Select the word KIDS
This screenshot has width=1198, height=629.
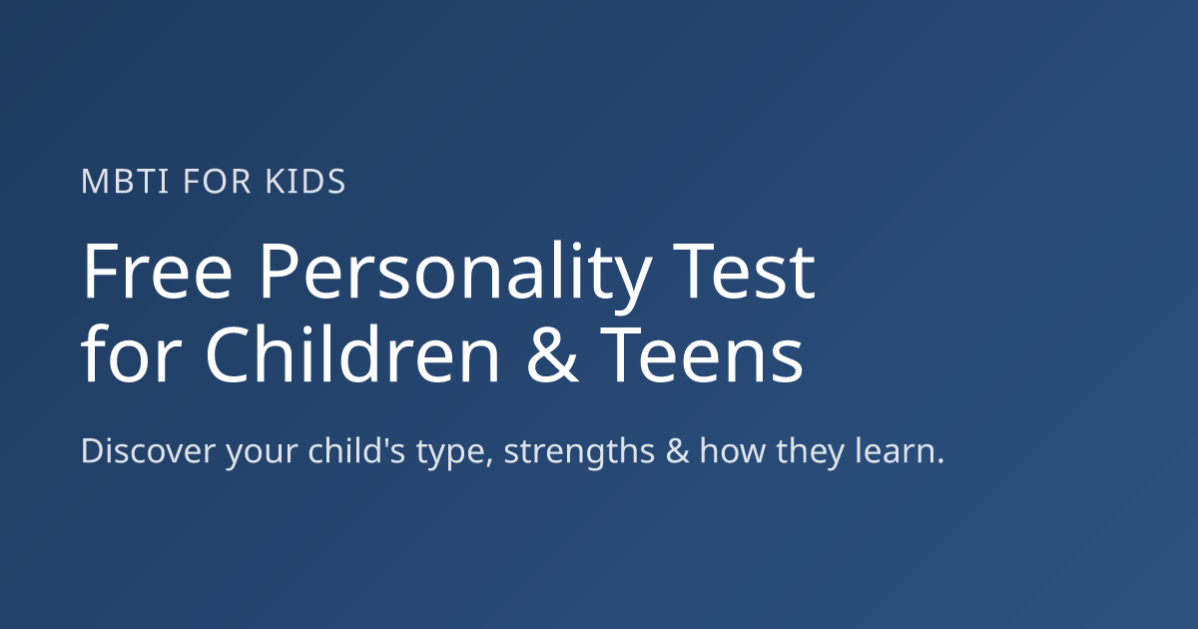[305, 182]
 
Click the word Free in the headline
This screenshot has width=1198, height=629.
[157, 272]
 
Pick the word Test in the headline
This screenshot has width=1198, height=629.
[744, 272]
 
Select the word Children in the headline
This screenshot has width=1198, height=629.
[351, 353]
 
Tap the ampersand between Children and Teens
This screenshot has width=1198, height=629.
[552, 355]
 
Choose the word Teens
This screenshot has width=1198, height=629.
[702, 355]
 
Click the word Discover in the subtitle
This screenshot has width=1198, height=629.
[148, 451]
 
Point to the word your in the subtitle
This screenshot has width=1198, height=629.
[262, 455]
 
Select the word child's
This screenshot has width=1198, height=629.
[356, 450]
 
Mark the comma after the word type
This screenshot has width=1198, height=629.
[490, 462]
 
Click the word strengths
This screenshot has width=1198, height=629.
[579, 452]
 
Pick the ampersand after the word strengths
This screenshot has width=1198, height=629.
[678, 451]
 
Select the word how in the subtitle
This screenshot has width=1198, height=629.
[733, 450]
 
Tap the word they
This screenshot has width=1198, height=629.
[811, 452]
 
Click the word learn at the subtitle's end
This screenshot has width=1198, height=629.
[894, 450]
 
